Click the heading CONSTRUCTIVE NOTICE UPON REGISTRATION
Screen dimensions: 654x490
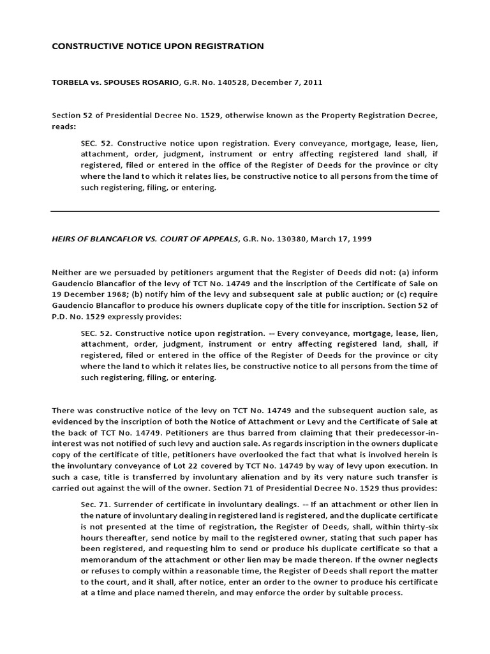[149, 46]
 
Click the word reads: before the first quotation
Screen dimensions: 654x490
[64, 126]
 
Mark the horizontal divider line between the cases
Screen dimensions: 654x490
[245, 211]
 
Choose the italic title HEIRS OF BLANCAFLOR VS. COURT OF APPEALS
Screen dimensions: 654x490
[144, 238]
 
